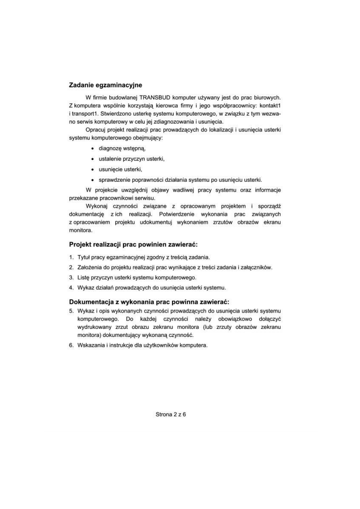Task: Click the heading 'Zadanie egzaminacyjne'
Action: click(106, 85)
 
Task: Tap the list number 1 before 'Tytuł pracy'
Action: click(71, 257)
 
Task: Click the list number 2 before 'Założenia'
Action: click(71, 267)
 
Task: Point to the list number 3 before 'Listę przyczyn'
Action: click(71, 277)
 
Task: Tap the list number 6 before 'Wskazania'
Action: click(71, 345)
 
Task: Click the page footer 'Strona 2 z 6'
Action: click(171, 414)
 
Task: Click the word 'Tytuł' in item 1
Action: click(84, 257)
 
